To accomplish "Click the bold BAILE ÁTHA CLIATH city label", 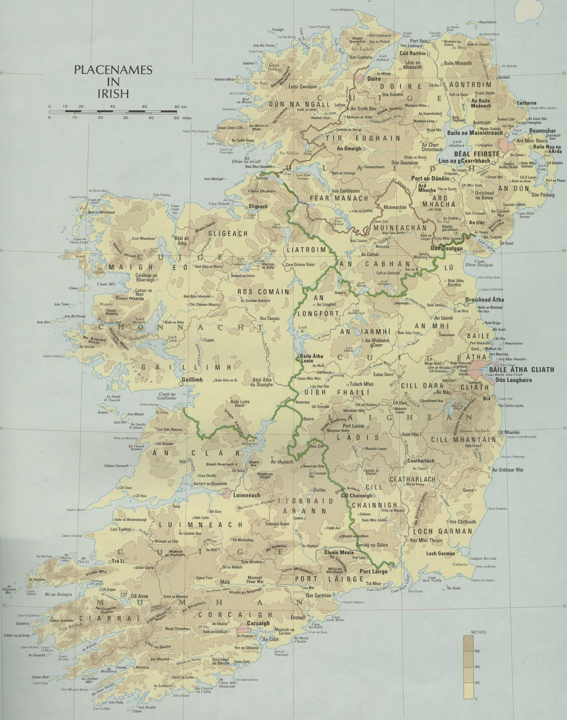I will pos(524,370).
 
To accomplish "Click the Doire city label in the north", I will pos(374,78).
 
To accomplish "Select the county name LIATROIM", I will pos(303,249).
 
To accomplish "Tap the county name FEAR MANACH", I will pos(339,198).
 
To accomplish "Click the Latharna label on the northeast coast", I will pos(527,103).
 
